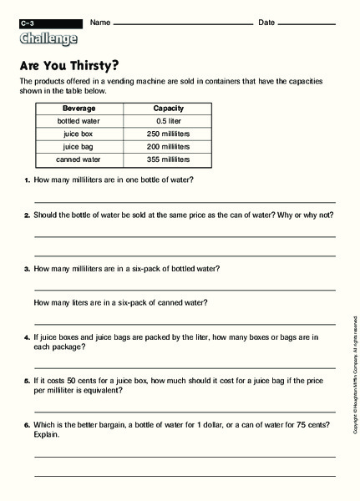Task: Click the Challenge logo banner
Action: (48, 38)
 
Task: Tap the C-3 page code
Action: (28, 23)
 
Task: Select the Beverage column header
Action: (79, 109)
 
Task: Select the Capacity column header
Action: (168, 109)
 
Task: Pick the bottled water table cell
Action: (79, 121)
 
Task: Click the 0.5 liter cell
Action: (168, 121)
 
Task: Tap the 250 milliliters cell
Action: (168, 134)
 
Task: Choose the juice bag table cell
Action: (79, 146)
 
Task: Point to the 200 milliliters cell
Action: (168, 146)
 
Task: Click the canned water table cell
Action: (79, 159)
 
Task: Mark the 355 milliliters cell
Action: (168, 159)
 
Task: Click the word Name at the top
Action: (99, 22)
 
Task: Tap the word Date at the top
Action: (266, 22)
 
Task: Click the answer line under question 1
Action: (184, 201)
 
